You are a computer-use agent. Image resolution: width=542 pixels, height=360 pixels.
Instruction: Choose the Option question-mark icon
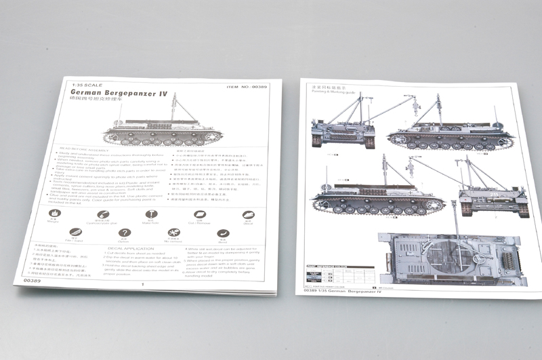click(x=123, y=233)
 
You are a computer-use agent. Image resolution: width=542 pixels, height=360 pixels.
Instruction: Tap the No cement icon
click(x=173, y=233)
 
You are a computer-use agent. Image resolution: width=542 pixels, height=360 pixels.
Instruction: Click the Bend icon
click(x=223, y=234)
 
